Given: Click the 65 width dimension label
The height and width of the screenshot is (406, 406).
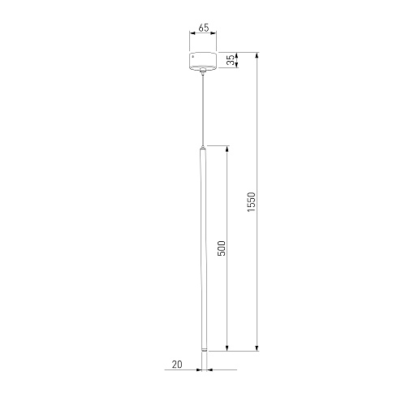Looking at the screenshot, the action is (x=204, y=28).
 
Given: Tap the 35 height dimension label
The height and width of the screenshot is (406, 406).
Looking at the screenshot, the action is (x=231, y=60).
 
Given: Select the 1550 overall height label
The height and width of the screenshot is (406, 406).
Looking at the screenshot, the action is (x=252, y=202).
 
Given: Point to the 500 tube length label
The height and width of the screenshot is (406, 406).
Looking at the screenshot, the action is (x=222, y=248).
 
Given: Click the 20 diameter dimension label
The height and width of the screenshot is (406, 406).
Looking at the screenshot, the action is (x=177, y=365).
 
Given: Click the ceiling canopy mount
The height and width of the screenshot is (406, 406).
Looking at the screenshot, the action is (x=203, y=60).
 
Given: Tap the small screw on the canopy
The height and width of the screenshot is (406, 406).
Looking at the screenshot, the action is (x=192, y=57).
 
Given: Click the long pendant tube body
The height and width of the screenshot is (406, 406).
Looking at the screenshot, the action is (x=203, y=249).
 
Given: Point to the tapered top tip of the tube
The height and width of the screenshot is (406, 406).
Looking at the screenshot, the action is (x=203, y=147).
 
